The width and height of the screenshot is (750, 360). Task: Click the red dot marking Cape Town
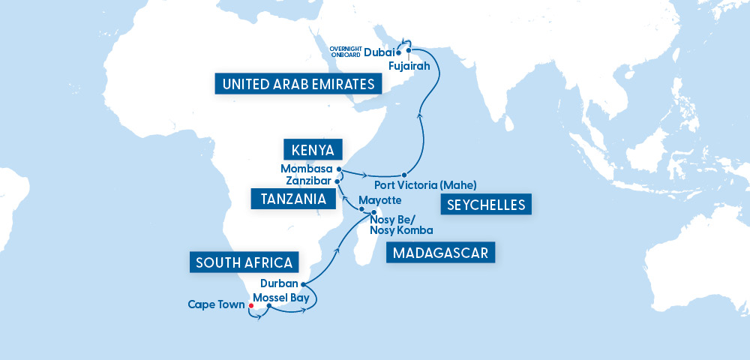[250, 305]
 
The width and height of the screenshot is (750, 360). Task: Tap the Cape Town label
[217, 305]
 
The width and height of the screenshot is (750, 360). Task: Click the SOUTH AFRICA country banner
[244, 262]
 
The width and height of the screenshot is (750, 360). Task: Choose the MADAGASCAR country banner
[440, 253]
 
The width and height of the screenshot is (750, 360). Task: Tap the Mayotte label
[380, 201]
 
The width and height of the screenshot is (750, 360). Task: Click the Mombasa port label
[306, 169]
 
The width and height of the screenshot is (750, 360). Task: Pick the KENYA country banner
[313, 147]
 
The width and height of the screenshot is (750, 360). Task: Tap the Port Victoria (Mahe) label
[424, 184]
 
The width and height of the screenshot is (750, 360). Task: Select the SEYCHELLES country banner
[485, 204]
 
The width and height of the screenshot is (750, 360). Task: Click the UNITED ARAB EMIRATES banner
[298, 83]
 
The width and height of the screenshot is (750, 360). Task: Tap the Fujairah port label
[409, 67]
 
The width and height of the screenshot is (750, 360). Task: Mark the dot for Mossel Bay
[268, 307]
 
